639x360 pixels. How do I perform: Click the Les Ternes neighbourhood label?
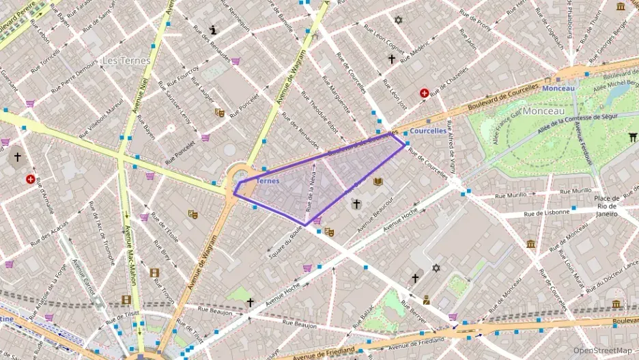point(126,60)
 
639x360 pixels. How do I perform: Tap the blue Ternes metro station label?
point(268,181)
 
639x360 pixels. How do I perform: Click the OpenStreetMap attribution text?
point(603,351)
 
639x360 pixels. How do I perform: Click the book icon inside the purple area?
point(378,182)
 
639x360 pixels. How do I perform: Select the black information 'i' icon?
point(214,30)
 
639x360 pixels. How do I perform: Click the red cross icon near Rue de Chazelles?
point(425,93)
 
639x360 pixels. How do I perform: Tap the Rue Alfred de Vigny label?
point(451,150)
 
